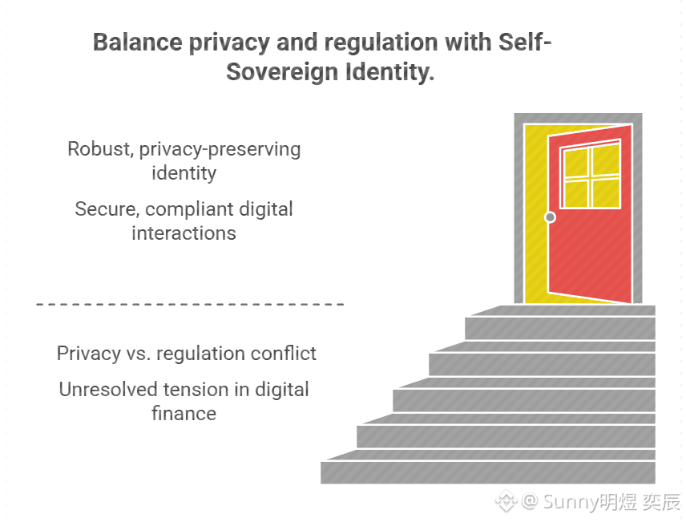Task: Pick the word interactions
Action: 184,233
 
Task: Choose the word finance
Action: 184,414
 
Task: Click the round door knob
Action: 550,217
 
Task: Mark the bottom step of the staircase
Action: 487,471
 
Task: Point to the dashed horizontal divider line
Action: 190,305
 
